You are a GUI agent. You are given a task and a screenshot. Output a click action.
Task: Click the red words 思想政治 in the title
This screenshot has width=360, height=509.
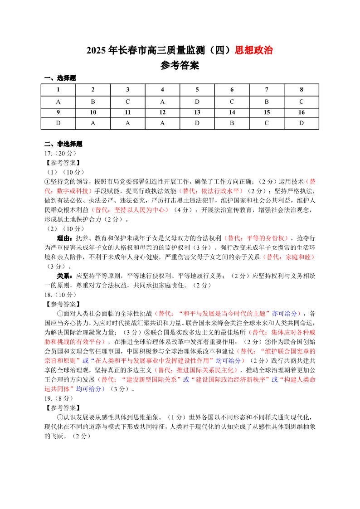pos(253,50)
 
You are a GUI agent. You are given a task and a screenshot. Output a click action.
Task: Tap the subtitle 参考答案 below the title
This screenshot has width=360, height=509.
pos(180,66)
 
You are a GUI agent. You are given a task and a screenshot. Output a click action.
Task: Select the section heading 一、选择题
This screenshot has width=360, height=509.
pos(60,78)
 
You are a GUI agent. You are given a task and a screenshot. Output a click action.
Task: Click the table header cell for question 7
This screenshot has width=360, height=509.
pos(267,90)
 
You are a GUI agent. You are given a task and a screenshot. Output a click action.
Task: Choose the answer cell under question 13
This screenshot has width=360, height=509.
pos(197,123)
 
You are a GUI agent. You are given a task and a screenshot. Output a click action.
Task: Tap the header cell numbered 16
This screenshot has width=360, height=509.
pos(302,112)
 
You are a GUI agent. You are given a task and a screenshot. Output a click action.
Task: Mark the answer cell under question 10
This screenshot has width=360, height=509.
pos(93,123)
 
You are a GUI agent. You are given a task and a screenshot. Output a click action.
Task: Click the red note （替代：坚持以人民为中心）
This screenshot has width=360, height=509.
pos(131,210)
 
